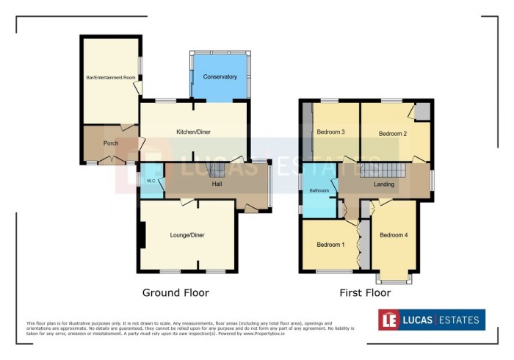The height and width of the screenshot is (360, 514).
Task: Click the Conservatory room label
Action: (220, 76)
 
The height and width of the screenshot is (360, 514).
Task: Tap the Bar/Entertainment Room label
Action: (110, 77)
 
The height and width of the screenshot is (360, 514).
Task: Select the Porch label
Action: (111, 143)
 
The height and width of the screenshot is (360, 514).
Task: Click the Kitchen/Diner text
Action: (194, 132)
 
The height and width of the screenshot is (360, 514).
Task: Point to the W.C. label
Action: (151, 181)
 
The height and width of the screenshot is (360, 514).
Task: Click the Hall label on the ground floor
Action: (217, 184)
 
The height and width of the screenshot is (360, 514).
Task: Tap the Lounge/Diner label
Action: (187, 235)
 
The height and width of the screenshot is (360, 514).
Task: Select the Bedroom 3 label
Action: (331, 132)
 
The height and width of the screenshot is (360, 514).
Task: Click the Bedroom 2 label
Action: (393, 134)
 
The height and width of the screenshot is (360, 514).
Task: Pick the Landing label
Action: (384, 184)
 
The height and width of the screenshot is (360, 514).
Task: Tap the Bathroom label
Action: (319, 191)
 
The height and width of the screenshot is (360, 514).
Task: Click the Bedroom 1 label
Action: (330, 244)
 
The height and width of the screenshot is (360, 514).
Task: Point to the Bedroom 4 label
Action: (394, 235)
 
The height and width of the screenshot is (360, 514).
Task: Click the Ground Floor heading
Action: (175, 292)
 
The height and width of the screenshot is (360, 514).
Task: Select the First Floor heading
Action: (365, 292)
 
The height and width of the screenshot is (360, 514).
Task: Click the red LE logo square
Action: (389, 320)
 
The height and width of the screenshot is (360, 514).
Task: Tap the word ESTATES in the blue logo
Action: (459, 320)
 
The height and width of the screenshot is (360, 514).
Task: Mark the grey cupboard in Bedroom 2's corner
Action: (422, 111)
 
